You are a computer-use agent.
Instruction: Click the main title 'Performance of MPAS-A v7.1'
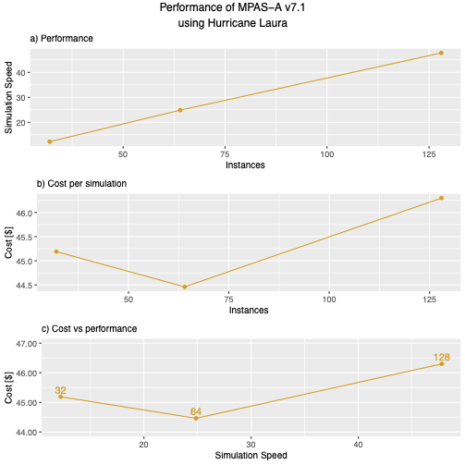pos(232,8)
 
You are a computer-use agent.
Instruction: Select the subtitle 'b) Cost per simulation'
pos(81,183)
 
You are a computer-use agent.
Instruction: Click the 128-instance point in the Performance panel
pos(442,53)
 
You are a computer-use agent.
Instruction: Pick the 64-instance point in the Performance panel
pos(180,110)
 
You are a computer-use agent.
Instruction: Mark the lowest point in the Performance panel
pos(49,141)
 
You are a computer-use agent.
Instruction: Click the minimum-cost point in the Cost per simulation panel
pos(185,287)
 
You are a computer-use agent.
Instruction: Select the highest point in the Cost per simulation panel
pos(442,198)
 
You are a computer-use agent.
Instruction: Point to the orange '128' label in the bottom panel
pos(442,358)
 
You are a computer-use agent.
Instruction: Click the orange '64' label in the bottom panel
pos(196,411)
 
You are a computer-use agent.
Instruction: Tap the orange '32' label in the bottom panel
pos(60,390)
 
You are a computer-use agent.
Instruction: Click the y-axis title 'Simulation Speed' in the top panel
pos(9,98)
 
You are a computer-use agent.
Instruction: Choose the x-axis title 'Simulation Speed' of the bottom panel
pos(251,456)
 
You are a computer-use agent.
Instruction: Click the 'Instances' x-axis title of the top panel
pos(245,165)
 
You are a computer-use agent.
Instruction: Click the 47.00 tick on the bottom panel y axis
pos(24,343)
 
